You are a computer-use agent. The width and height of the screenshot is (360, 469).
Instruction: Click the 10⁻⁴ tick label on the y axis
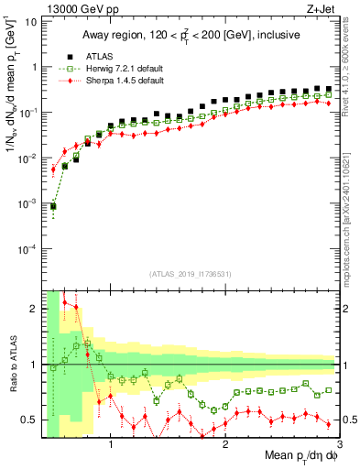pyautogui.click(x=27, y=248)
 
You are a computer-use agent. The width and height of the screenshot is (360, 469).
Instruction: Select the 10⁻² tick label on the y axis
pyautogui.click(x=27, y=158)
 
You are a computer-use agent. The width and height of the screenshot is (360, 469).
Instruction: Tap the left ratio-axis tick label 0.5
pyautogui.click(x=28, y=420)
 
